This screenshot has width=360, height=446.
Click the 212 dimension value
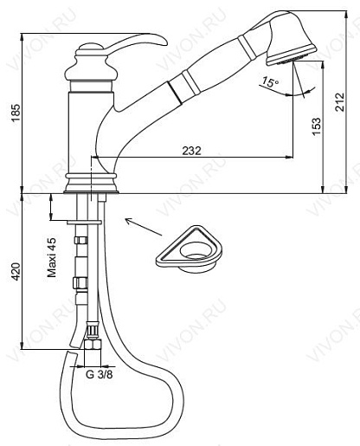pos(340,102)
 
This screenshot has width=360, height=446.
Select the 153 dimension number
pos(316,126)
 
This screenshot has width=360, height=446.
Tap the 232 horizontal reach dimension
pos(191,151)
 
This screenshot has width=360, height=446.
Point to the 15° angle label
pos(270,82)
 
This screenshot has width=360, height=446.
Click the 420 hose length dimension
pos(16,271)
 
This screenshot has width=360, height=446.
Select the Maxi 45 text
pos(52,257)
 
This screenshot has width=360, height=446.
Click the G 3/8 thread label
pos(100,374)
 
